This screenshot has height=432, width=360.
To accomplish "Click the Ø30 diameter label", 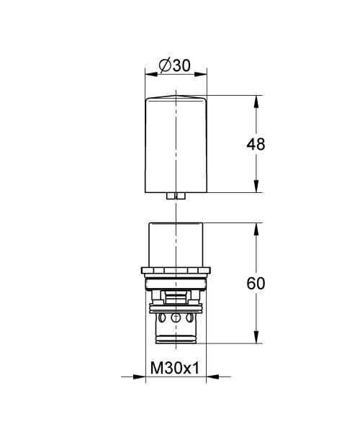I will pos(175,65).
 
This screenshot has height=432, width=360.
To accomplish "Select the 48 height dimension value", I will pos(255,144).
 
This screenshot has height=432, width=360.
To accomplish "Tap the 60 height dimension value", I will pos(255,283).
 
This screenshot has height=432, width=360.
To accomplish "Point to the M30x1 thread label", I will pos(175,368).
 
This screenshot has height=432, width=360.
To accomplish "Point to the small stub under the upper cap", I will pos(176,196).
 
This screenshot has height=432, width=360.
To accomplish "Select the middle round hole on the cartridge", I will pos(176,318).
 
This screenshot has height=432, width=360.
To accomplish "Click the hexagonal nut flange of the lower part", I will pos(176,271).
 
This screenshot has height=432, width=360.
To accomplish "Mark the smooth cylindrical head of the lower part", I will pos(176,245).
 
